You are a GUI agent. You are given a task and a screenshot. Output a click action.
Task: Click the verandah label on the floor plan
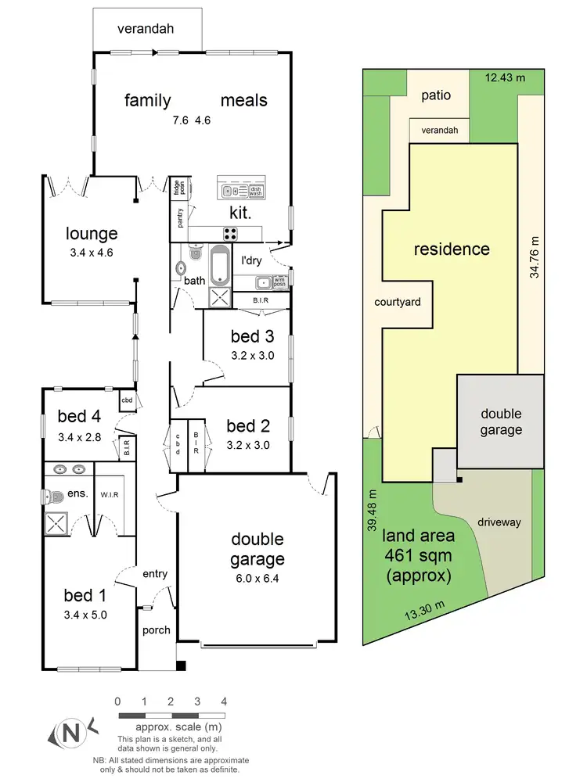point(146,30)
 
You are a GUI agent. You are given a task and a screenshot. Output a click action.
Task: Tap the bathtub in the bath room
point(219,264)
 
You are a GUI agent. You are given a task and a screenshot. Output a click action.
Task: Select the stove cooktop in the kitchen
point(232,232)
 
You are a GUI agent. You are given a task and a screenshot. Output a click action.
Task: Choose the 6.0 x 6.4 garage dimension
point(257,579)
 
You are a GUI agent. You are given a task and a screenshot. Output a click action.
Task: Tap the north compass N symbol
point(72,734)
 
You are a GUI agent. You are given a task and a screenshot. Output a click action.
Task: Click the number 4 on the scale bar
point(224,701)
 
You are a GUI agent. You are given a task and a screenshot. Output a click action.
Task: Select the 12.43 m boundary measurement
point(504,77)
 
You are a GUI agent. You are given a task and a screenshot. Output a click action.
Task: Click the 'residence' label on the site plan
point(452,249)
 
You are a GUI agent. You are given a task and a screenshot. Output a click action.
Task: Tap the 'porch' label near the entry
point(157,630)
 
